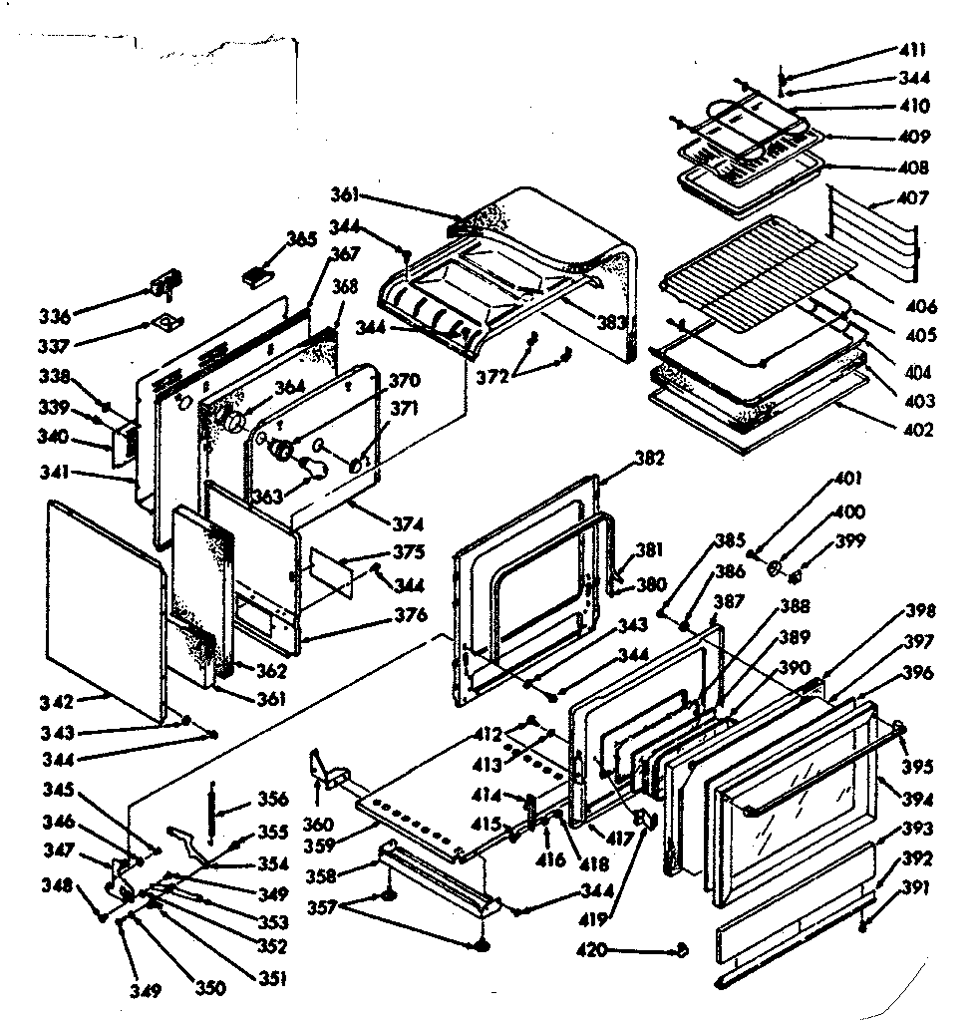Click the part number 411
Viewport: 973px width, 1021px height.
[912, 50]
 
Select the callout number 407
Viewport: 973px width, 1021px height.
[912, 198]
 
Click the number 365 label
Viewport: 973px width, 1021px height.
[300, 239]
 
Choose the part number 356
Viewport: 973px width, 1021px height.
[272, 799]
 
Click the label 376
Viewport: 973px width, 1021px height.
[410, 614]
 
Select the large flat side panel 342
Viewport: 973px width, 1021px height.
[105, 608]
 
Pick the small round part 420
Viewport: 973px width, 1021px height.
[681, 950]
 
